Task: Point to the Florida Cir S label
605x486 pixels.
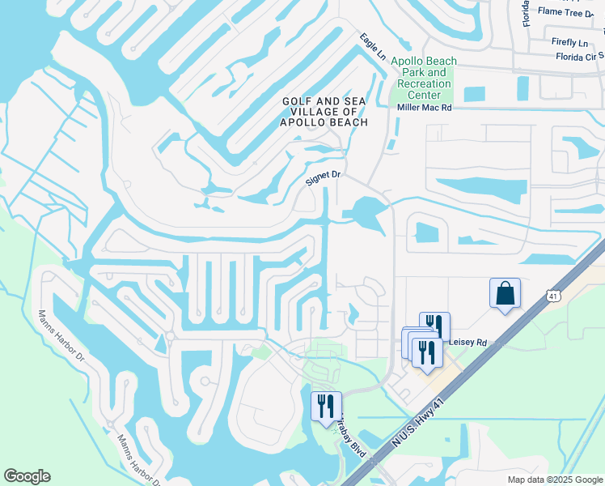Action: [x=580, y=58]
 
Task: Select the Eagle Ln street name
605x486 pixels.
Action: [x=373, y=46]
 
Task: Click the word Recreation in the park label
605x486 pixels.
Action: [x=423, y=83]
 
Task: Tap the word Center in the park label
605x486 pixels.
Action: [x=423, y=95]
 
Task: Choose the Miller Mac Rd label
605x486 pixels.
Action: [x=423, y=108]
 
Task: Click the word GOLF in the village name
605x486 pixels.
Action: [x=295, y=100]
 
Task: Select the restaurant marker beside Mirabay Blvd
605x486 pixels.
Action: [x=327, y=406]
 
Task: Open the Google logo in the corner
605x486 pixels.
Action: [x=27, y=476]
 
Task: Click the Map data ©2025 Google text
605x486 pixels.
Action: [x=555, y=480]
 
